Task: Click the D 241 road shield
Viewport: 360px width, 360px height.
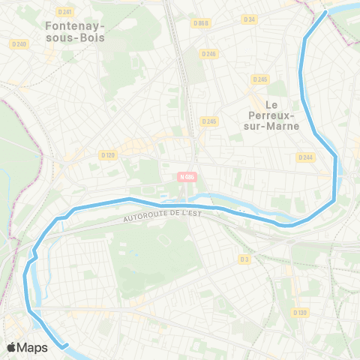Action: tap(67, 12)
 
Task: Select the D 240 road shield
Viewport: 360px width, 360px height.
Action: tap(19, 44)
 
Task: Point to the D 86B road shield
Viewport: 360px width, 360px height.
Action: tap(200, 23)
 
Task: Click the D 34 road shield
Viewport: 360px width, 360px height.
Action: tap(250, 19)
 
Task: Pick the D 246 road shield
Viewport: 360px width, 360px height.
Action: tap(209, 53)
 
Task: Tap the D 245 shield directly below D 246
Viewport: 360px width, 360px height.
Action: tap(208, 121)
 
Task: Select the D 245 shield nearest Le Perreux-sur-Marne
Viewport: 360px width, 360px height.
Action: tap(260, 79)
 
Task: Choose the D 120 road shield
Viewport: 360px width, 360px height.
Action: tap(108, 154)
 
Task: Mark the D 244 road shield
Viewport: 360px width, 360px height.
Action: tap(304, 157)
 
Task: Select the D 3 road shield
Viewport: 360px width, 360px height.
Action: tap(244, 259)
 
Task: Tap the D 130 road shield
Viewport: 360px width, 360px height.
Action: tap(300, 312)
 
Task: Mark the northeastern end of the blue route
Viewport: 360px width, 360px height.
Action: tap(325, 13)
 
